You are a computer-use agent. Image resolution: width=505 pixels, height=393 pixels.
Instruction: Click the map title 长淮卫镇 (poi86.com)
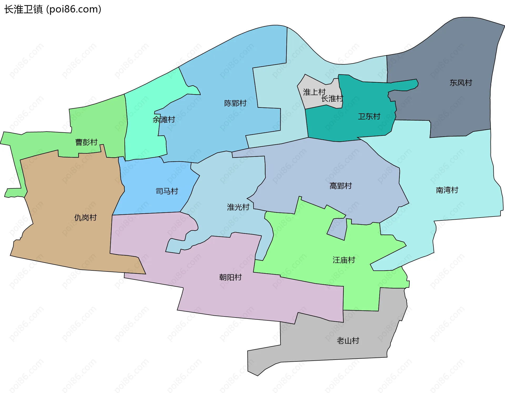tap(53, 9)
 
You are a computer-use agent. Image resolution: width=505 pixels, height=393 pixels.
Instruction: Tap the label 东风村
tap(461, 83)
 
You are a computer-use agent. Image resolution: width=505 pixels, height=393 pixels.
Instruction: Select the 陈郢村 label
tap(235, 103)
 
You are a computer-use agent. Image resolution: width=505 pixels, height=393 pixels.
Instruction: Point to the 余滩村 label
tap(164, 120)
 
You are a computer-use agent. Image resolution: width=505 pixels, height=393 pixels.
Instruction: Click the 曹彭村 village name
tap(86, 142)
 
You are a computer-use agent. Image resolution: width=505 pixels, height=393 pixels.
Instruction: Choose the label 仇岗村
tap(85, 218)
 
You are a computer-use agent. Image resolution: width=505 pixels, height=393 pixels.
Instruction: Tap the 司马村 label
tap(167, 191)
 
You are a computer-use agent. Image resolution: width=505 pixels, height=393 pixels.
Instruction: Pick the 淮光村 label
tap(238, 207)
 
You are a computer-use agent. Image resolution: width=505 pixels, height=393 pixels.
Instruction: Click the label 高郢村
tap(341, 186)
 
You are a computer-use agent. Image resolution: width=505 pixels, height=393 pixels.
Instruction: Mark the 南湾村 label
tap(447, 190)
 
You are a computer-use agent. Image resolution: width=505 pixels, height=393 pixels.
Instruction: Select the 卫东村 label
tap(369, 117)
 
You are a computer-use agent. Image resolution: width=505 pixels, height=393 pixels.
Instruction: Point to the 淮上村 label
tap(314, 92)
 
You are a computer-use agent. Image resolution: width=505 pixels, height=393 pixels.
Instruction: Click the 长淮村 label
tap(332, 99)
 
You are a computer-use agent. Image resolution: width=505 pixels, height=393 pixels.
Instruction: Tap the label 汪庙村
tap(344, 260)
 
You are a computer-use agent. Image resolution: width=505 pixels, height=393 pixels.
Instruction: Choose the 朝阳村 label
tap(230, 277)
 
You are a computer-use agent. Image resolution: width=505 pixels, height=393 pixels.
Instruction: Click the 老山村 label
tap(348, 341)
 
